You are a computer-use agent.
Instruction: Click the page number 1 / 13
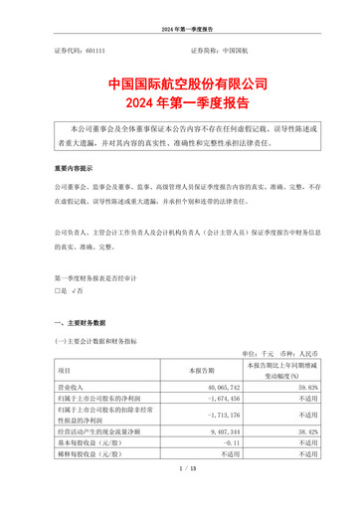[x=179, y=493]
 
